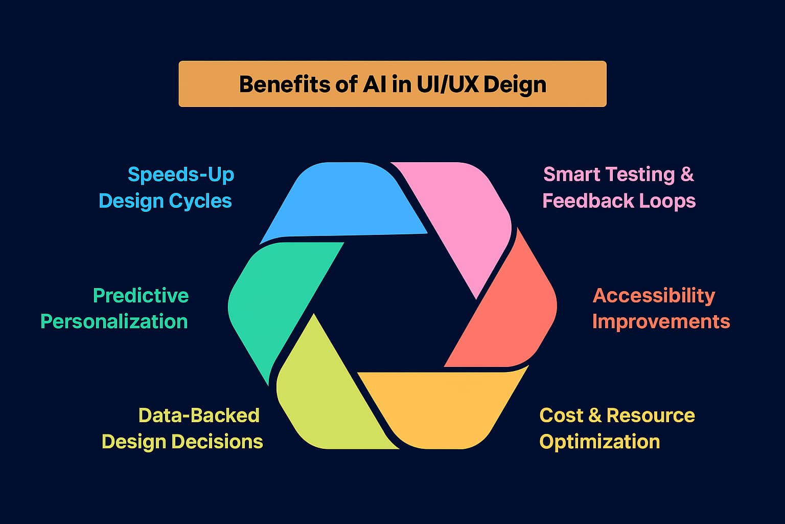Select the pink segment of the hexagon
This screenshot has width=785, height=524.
pyautogui.click(x=460, y=215)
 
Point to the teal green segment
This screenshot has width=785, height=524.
pyautogui.click(x=276, y=302)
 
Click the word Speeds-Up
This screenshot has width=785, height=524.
pyautogui.click(x=181, y=174)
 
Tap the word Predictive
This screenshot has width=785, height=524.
pyautogui.click(x=141, y=295)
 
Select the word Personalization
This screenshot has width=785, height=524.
pyautogui.click(x=114, y=322)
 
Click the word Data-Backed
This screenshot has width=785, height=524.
pyautogui.click(x=199, y=415)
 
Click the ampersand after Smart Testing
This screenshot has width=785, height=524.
pyautogui.click(x=687, y=174)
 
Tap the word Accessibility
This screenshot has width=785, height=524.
pyautogui.click(x=654, y=295)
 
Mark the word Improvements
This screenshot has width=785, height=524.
pyautogui.click(x=661, y=322)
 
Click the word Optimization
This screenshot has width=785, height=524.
pyautogui.click(x=599, y=442)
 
